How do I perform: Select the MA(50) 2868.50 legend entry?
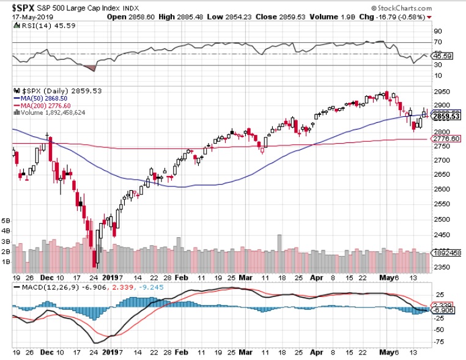click(x=42, y=97)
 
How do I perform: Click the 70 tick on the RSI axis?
click(x=438, y=42)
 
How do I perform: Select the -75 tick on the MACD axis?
click(x=438, y=342)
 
